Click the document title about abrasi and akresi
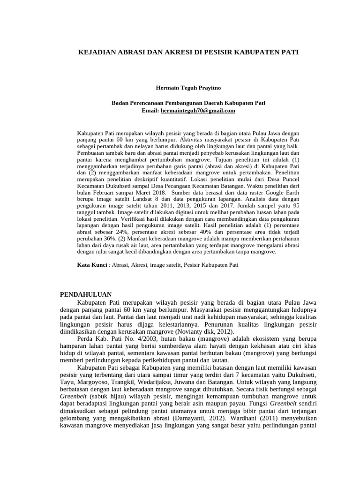point(187,53)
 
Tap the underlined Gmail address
point(197,111)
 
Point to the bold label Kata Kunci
point(92,265)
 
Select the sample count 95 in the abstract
point(294,205)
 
